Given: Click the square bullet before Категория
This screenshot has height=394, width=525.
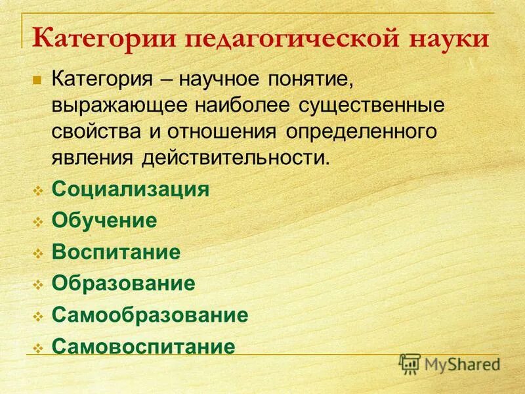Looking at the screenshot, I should click(x=37, y=81).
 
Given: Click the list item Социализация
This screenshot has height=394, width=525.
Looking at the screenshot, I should click(x=131, y=190).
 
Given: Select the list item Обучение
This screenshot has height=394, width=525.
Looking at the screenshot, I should click(x=104, y=221).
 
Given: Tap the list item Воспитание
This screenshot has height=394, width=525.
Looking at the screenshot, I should click(x=116, y=252).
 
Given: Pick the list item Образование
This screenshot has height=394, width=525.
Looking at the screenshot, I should click(x=123, y=283).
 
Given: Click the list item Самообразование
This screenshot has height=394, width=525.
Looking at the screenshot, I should click(x=150, y=315).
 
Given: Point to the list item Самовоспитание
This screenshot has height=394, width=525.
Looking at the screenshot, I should click(x=143, y=346).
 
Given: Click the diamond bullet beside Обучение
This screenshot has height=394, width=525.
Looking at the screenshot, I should click(x=38, y=222).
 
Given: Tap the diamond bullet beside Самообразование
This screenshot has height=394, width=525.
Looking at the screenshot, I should click(x=38, y=316).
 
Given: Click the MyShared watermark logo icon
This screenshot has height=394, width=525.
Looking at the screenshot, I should click(x=409, y=363).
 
